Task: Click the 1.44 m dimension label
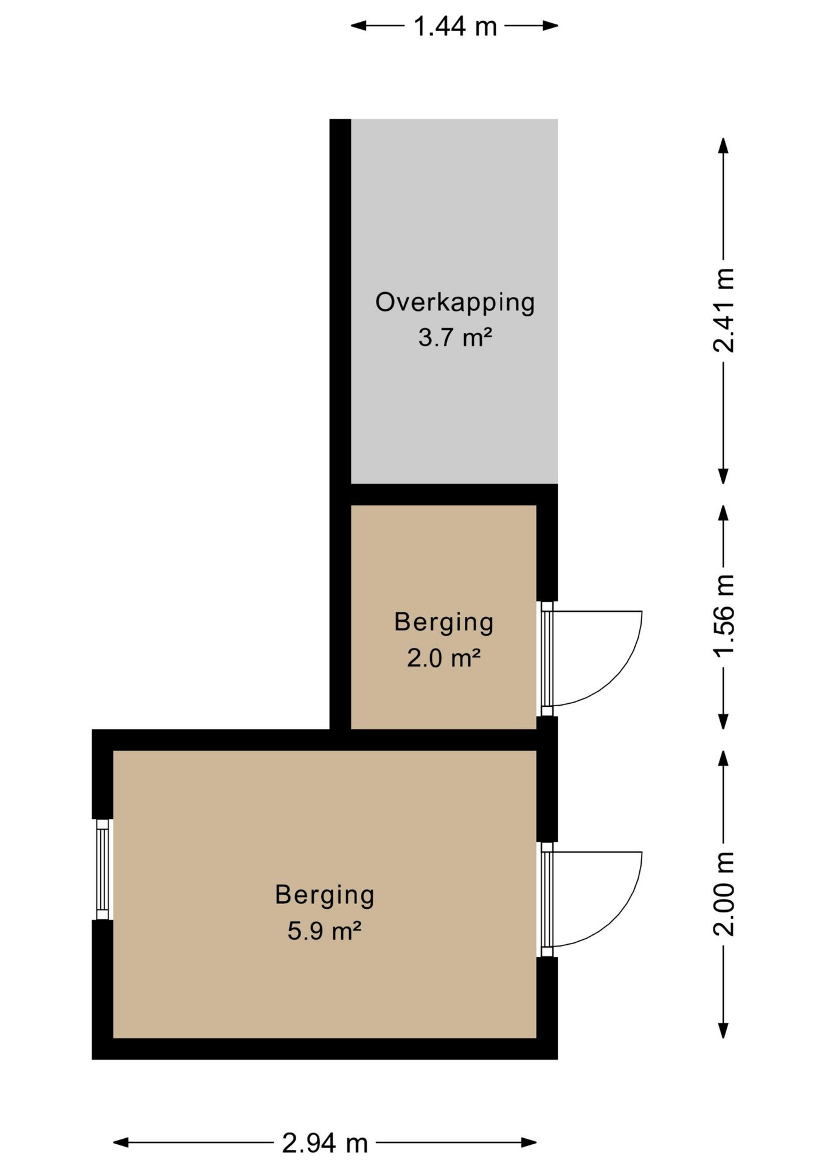pos(455,26)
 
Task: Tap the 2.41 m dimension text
pos(724,310)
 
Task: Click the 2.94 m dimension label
pos(325,1143)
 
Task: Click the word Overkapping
pos(455,303)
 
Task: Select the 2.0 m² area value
pos(444,658)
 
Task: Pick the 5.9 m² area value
pos(325,931)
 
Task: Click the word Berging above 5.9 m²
pos(325,896)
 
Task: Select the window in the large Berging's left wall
pos(103,869)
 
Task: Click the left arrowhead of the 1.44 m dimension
pos(358,26)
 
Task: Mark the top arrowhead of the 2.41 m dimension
pos(723,145)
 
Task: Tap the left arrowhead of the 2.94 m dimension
pos(121,1142)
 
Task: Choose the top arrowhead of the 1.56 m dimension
pos(723,513)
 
